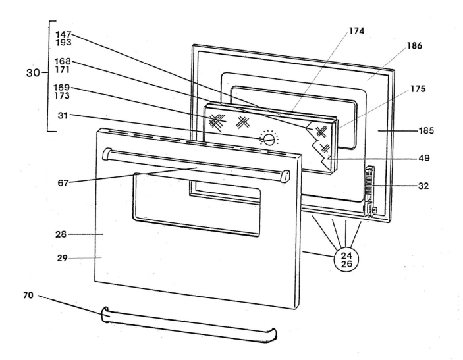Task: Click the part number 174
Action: [357, 31]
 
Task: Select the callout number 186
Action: [414, 47]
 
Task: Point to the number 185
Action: [426, 131]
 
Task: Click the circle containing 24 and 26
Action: [346, 256]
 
